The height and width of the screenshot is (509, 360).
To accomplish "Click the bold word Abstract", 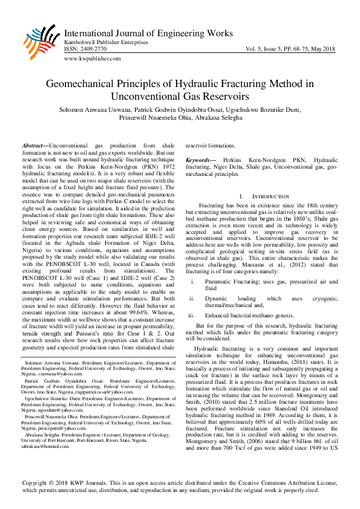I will tap(34, 146).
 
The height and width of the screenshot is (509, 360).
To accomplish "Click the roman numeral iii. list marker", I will tap(192, 314).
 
